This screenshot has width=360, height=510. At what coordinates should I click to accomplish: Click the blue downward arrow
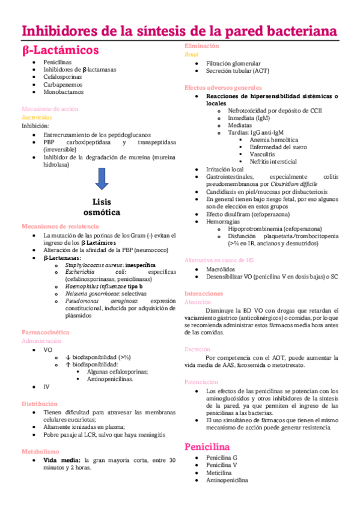click(x=101, y=178)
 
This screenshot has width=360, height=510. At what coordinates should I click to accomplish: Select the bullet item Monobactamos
click(x=63, y=93)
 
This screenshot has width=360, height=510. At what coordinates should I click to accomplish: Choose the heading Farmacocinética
click(x=45, y=331)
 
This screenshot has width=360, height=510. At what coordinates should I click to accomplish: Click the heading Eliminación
click(x=201, y=46)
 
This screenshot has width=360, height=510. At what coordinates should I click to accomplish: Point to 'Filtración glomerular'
click(x=233, y=63)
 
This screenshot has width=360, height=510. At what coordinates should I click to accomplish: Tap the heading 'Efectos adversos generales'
click(x=223, y=88)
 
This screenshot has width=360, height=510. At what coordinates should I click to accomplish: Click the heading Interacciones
click(x=204, y=293)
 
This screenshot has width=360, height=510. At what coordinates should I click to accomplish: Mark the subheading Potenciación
click(x=201, y=382)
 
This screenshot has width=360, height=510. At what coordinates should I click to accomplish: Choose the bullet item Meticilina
click(x=221, y=473)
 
